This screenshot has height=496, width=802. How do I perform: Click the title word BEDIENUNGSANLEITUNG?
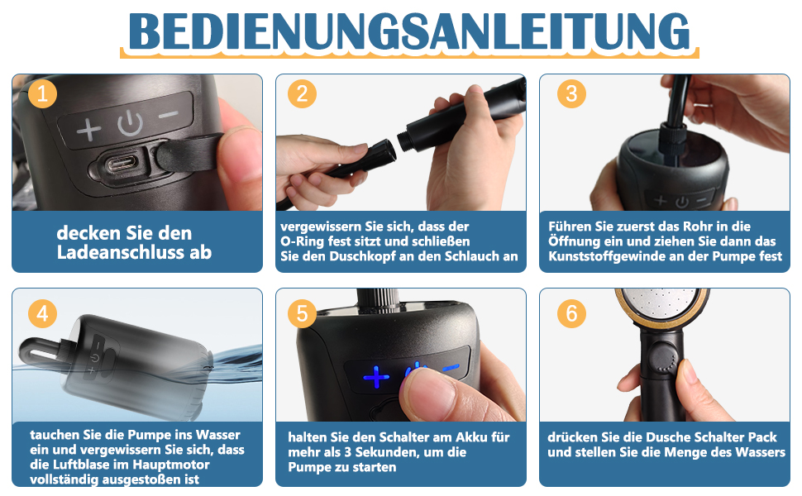[409, 31]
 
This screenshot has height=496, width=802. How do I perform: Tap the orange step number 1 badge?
[42, 93]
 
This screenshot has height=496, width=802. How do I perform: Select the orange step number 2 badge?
[303, 93]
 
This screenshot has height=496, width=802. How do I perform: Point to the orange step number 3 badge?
[571, 93]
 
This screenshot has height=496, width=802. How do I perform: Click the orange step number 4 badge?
[42, 313]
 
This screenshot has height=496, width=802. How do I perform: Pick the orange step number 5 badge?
[303, 313]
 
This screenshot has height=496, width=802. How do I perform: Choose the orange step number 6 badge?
[571, 313]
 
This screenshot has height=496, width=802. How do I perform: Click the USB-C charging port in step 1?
[122, 165]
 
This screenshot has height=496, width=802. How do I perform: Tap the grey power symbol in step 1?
[130, 123]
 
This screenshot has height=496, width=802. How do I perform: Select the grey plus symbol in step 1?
[89, 129]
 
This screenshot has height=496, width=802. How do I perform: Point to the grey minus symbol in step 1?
[169, 114]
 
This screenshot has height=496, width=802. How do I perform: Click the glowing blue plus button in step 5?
[376, 377]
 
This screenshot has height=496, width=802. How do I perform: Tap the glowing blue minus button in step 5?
[451, 367]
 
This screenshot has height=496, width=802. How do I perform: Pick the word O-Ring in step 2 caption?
[303, 241]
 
